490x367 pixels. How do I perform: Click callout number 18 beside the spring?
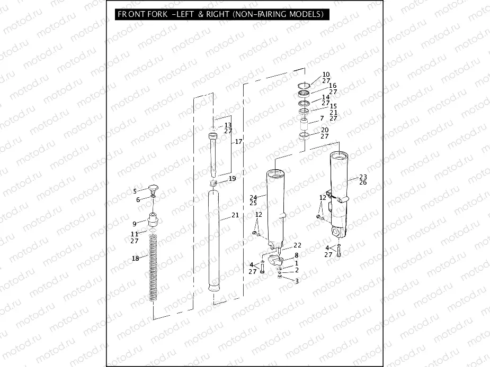click(x=135, y=258)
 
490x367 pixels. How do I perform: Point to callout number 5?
click(x=135, y=191)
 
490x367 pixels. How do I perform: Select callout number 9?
click(x=135, y=223)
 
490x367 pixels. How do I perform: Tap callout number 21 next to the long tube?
click(x=235, y=215)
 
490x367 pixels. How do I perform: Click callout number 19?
click(x=232, y=179)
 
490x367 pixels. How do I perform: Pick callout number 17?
click(x=238, y=142)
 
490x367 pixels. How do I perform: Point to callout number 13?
click(x=228, y=125)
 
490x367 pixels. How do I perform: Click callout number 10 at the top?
click(x=326, y=75)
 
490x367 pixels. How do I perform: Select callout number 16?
click(x=333, y=86)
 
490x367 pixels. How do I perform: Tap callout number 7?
click(x=322, y=118)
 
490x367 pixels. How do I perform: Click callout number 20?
click(x=325, y=130)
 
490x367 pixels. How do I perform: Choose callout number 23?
click(x=363, y=177)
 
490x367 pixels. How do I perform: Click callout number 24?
click(x=253, y=197)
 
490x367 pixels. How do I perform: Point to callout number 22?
click(x=297, y=245)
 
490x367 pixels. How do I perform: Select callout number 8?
click(x=297, y=255)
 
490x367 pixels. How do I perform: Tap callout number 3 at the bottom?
click(x=297, y=281)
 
